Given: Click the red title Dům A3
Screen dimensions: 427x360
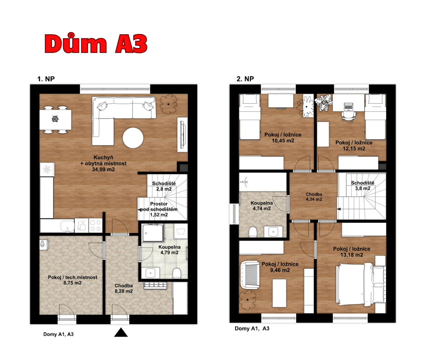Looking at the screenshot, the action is (96, 44).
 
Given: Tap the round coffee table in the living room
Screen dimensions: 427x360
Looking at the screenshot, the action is (133, 138).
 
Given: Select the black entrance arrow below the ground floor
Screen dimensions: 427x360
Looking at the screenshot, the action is (121, 332).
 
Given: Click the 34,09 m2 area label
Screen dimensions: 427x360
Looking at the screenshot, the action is (103, 169).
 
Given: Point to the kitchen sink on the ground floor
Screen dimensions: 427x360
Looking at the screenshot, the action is (67, 226).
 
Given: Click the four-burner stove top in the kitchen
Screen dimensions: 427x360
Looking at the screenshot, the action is (96, 225).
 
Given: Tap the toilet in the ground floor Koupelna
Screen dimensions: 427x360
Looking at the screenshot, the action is (177, 273).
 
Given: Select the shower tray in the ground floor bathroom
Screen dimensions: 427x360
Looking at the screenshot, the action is (153, 233).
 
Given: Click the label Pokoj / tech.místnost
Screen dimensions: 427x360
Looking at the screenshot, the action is (73, 277).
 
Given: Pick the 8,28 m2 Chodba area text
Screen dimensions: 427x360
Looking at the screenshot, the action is (124, 291).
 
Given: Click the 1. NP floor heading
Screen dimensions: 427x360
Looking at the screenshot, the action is (46, 79).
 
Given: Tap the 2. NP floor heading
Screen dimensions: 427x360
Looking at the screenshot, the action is (245, 79).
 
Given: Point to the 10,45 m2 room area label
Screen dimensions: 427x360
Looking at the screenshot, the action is (283, 141).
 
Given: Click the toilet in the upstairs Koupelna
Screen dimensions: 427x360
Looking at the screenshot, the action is (253, 232).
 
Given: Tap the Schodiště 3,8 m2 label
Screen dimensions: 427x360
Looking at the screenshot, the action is (363, 186).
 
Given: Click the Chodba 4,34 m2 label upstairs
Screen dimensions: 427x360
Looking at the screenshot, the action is (314, 197).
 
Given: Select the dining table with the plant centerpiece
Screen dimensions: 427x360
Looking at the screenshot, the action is (55, 120).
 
